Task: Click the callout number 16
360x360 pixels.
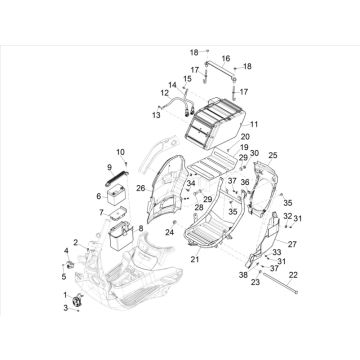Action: [x=225, y=59]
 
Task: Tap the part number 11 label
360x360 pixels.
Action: [x=253, y=124]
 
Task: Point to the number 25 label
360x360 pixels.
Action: [x=273, y=155]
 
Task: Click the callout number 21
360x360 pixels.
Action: [x=194, y=260]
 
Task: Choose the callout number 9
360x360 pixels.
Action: [x=110, y=167]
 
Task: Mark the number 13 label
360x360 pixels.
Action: [x=156, y=116]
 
